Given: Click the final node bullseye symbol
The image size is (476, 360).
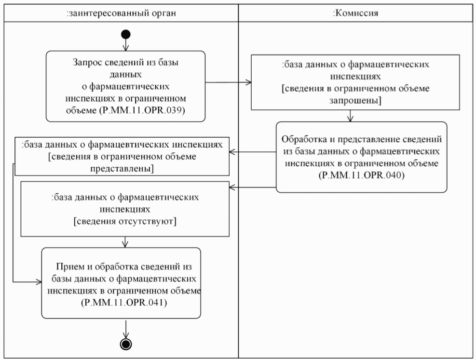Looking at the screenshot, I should coord(125,343).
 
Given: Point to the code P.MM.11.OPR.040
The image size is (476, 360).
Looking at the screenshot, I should coord(361,175).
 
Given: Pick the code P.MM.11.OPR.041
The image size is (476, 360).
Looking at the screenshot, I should coord(121,303).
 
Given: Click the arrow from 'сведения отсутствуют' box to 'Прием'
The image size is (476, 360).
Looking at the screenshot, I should coord(126,242).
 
